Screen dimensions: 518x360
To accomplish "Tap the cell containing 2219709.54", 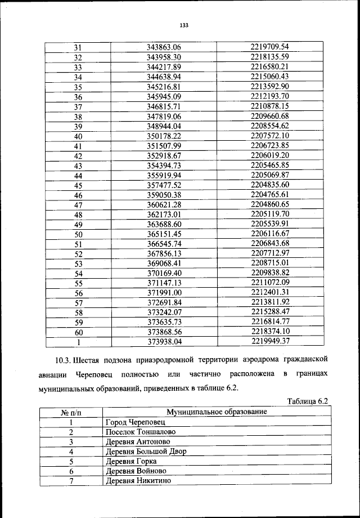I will point(269,47).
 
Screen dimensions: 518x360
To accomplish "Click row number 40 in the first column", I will point(78,136).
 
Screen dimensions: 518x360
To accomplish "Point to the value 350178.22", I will point(164,136).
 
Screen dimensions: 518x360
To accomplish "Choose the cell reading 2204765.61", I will point(269,195).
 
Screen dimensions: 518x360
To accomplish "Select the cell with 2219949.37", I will point(269,341).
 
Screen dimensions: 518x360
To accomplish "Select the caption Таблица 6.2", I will point(307,401).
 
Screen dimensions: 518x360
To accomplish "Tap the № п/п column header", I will point(72,412).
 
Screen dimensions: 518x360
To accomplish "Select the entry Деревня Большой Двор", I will point(145,452).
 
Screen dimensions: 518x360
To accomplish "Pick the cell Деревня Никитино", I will point(138,481).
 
